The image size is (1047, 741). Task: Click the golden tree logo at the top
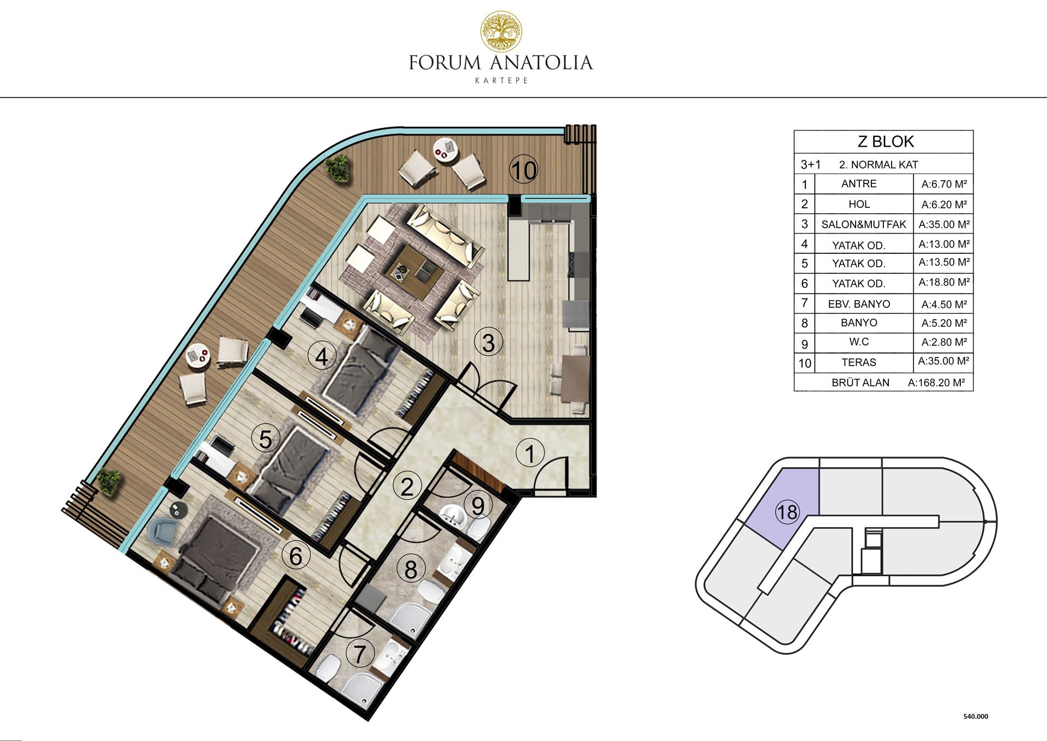point(501,32)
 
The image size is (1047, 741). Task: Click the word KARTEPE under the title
point(501,81)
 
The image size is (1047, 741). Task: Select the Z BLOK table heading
point(886,142)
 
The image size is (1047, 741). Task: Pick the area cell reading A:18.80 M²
point(944,283)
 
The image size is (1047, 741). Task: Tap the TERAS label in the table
point(859,362)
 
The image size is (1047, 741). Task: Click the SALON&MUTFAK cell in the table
point(864,224)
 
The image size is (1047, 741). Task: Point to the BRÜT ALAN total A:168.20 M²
point(936,383)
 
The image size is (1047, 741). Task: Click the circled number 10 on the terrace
point(523,170)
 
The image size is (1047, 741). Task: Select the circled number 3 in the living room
point(489,343)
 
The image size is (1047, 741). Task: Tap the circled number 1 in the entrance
point(529,453)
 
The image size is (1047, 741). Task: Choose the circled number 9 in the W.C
point(478,506)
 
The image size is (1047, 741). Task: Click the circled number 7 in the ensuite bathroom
point(360,653)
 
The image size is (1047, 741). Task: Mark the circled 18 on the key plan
point(787,512)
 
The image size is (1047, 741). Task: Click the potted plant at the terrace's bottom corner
point(108,482)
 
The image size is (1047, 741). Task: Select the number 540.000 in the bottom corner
point(976,716)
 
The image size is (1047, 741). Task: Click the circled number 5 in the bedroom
point(266,439)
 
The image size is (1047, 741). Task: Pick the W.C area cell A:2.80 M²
point(944,342)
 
